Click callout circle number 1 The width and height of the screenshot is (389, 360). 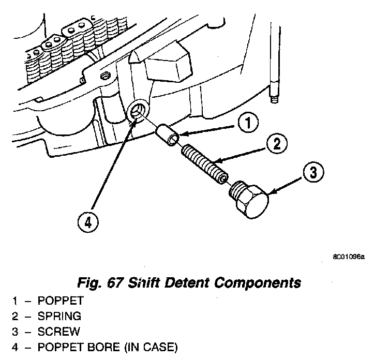point(248,123)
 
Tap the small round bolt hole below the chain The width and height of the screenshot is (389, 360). point(106,76)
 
